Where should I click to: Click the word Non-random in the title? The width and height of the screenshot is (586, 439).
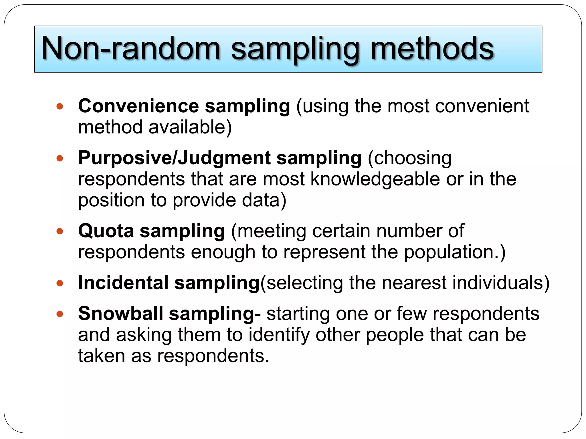coord(130,49)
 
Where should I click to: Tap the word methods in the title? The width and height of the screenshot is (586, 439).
coord(432,49)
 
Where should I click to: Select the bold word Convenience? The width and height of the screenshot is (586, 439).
coord(138,106)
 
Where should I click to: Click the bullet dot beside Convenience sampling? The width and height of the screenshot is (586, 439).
coord(60,107)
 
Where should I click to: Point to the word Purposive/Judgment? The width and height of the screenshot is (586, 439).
coord(174,158)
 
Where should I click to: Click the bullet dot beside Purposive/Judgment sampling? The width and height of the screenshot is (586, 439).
coord(60,158)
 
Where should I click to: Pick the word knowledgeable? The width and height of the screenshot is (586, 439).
coord(375,179)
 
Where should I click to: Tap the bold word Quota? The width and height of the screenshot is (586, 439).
coord(106,231)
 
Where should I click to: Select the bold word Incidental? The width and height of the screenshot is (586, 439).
coord(123,283)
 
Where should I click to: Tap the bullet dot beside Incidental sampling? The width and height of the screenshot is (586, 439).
coord(60,283)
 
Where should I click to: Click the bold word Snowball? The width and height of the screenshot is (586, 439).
coord(120,314)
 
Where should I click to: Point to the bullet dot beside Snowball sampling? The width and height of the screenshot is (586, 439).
coord(60,314)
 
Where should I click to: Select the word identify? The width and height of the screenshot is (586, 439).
coord(279,335)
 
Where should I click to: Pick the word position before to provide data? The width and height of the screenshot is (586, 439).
coord(111,200)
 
